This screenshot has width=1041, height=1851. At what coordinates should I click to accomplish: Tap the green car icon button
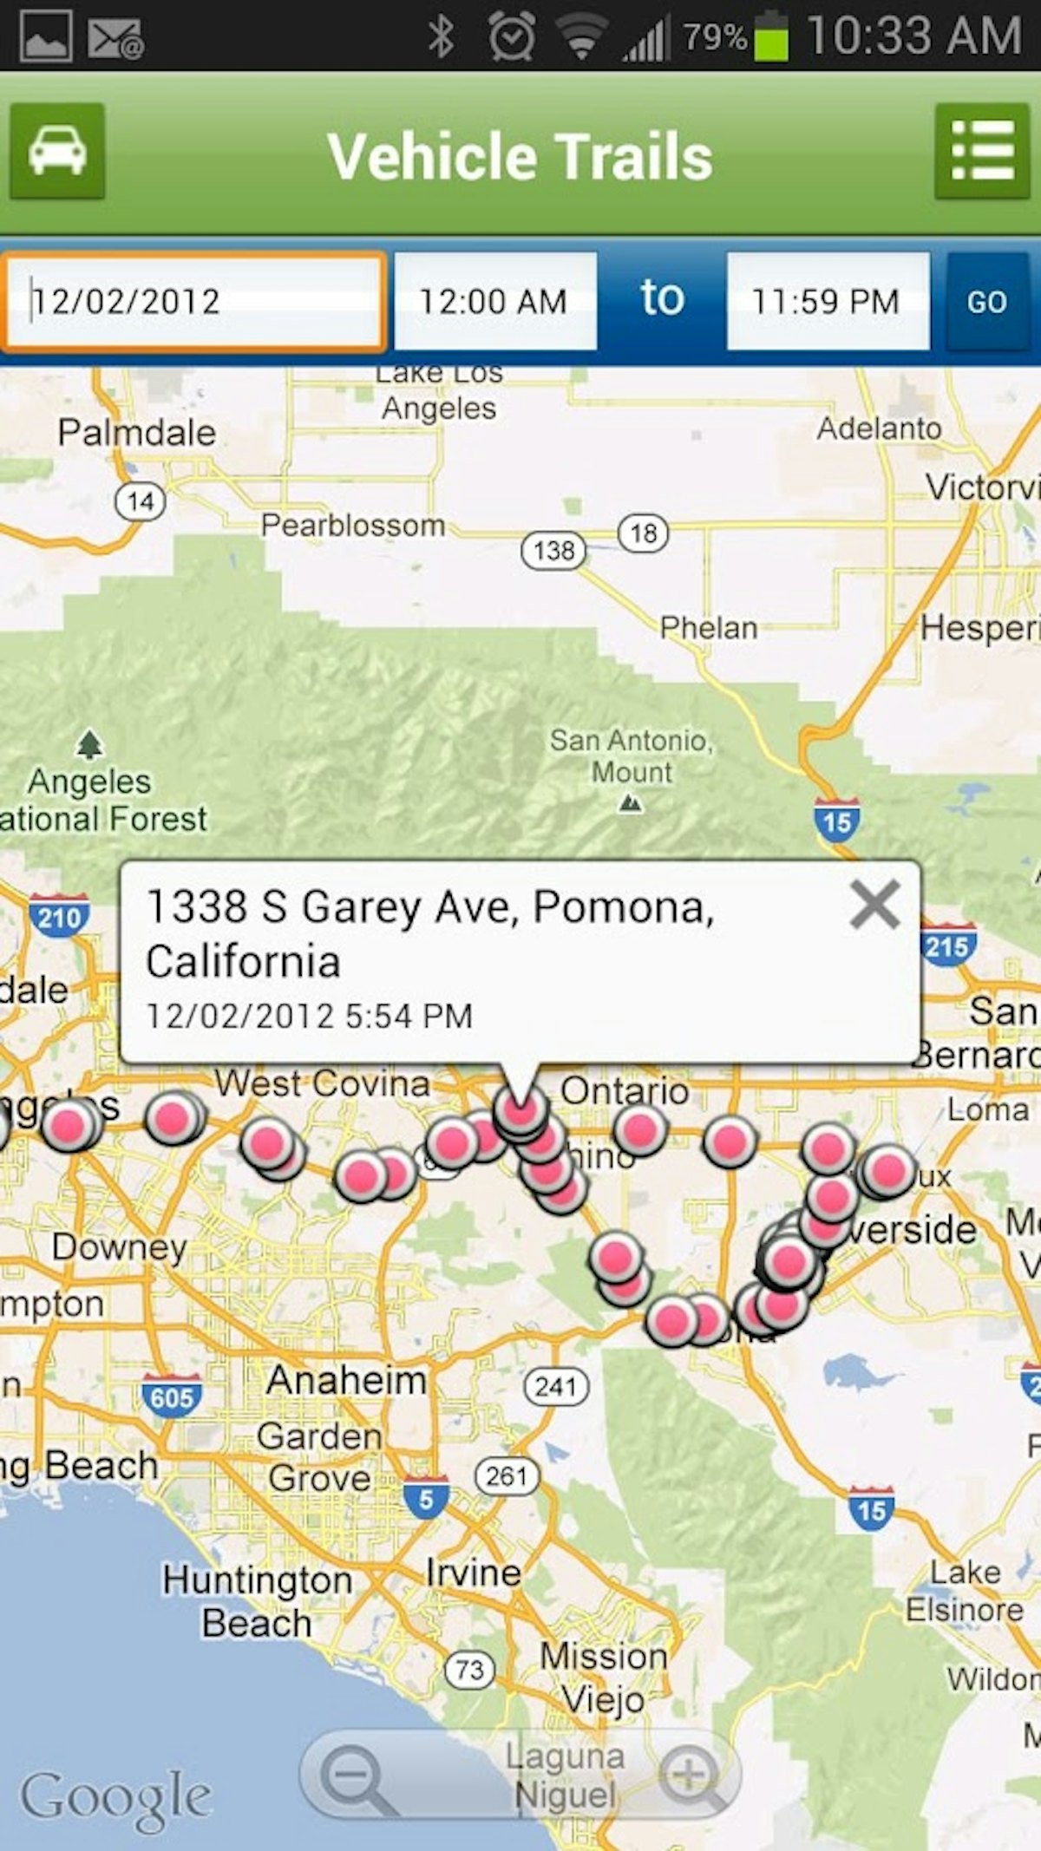(x=57, y=152)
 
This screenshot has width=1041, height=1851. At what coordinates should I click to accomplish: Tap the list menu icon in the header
(x=982, y=152)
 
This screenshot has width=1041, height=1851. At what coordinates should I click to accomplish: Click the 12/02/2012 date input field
(x=193, y=301)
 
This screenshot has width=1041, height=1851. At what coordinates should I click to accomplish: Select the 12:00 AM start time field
(x=494, y=301)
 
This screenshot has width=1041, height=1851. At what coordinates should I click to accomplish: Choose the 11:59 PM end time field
(x=827, y=301)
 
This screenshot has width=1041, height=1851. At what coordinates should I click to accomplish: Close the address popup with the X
(x=874, y=906)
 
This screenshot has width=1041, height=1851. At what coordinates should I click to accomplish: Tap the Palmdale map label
(x=137, y=432)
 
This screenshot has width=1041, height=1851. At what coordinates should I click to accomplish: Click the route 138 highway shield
(x=553, y=550)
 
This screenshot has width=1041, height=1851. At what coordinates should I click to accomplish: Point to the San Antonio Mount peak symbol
(x=631, y=804)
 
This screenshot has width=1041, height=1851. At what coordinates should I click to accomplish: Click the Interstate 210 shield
(x=58, y=916)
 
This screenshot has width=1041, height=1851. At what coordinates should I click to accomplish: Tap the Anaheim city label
(x=346, y=1380)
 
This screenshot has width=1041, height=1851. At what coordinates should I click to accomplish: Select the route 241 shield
(x=556, y=1386)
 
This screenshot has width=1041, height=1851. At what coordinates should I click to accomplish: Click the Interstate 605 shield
(x=171, y=1396)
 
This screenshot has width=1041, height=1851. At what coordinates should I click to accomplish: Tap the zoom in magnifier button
(x=691, y=1775)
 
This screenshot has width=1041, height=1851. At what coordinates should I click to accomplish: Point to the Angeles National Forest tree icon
(x=89, y=744)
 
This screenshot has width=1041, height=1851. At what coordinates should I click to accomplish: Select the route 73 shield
(x=469, y=1670)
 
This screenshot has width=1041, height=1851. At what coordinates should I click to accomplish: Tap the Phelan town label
(x=709, y=627)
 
